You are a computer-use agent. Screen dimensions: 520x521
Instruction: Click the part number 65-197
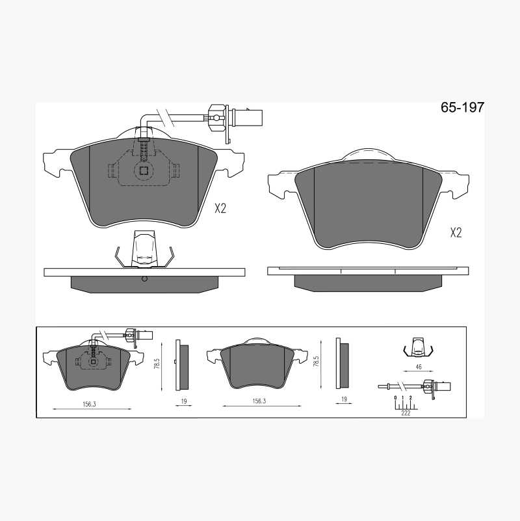tap(462, 107)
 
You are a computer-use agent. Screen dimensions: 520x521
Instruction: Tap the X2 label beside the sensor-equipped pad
tap(220, 209)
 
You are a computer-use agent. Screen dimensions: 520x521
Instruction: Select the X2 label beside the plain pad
tap(456, 233)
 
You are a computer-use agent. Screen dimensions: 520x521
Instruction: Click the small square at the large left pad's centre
tap(144, 170)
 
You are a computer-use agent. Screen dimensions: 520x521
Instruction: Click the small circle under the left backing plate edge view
tap(144, 279)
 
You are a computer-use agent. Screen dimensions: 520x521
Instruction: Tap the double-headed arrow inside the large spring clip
tap(144, 258)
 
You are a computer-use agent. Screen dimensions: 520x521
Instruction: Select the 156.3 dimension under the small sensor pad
tap(89, 405)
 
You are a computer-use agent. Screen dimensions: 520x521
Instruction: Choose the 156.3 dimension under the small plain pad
tap(259, 401)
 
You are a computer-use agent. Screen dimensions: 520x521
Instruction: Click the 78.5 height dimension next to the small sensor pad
tap(157, 363)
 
